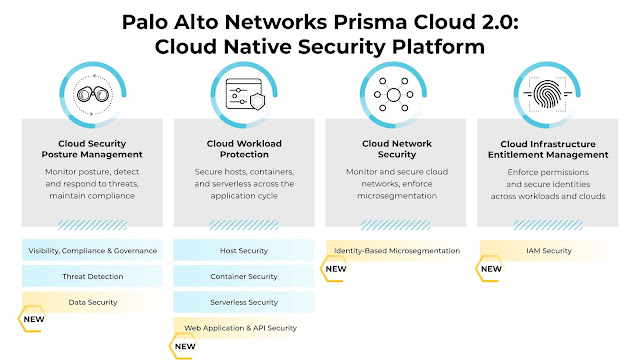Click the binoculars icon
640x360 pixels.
click(93, 95)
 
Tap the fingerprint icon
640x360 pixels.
click(547, 95)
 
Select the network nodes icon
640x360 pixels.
click(393, 95)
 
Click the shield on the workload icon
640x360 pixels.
click(258, 101)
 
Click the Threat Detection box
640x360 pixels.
click(93, 276)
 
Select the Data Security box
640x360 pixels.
click(93, 302)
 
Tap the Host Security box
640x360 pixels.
click(244, 251)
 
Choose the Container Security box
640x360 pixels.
click(244, 276)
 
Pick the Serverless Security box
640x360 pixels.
click(244, 302)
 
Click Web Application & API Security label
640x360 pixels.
click(240, 328)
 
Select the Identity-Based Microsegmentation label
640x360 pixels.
click(397, 251)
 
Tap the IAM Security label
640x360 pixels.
click(549, 251)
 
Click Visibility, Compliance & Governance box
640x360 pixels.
click(93, 251)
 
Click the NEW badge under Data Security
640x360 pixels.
click(33, 319)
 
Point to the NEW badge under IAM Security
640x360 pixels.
click(491, 269)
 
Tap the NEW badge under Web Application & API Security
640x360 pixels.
click(184, 346)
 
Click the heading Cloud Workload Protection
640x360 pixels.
click(244, 149)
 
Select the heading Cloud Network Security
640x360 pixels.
click(397, 149)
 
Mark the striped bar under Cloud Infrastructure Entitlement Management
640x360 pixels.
click(548, 225)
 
